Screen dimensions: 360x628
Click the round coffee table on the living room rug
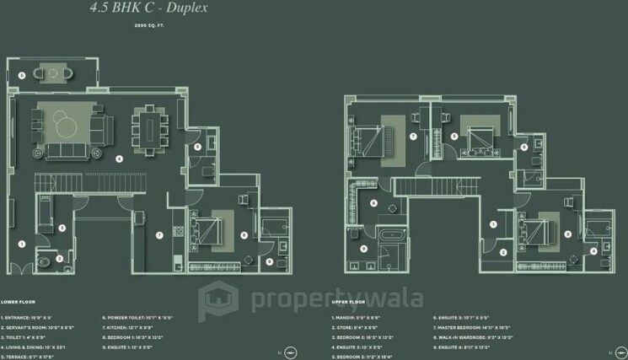coord(71,126)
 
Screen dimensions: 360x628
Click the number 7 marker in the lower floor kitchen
coord(158,234)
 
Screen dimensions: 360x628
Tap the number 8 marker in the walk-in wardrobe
coord(374,202)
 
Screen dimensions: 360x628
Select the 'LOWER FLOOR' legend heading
coord(17,301)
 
